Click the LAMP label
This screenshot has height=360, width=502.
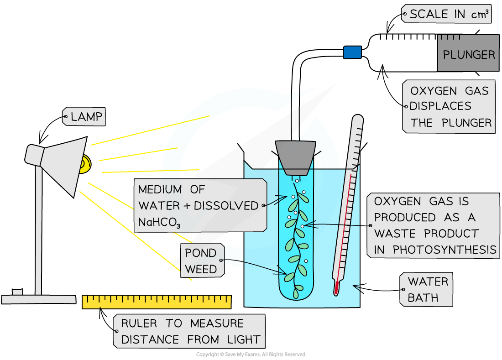click(87, 117)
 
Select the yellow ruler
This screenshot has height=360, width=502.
click(157, 302)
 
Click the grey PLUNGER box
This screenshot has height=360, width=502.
click(468, 53)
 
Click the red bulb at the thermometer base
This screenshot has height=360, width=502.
click(337, 288)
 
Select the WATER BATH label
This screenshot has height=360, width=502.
click(428, 289)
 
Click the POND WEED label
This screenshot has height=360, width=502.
click(201, 261)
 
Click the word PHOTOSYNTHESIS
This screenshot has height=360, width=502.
click(444, 250)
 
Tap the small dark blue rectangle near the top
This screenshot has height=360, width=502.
click(352, 52)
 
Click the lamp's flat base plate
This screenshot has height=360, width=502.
click(39, 299)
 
